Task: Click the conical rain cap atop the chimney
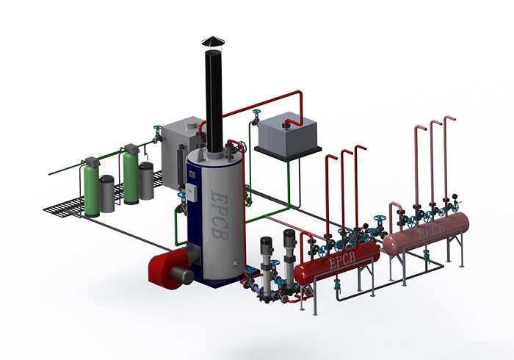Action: pyautogui.click(x=213, y=41)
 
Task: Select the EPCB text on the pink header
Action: pyautogui.click(x=432, y=231)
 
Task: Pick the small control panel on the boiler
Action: pyautogui.click(x=191, y=192)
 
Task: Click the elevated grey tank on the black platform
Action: pyautogui.click(x=288, y=134)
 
